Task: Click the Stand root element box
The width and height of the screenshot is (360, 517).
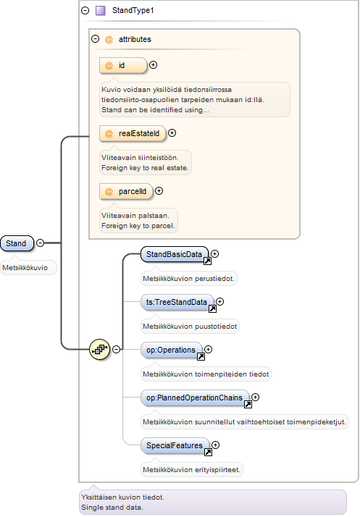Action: point(17,243)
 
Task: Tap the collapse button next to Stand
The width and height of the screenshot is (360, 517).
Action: point(40,243)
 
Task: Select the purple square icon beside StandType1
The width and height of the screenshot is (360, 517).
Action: point(100,11)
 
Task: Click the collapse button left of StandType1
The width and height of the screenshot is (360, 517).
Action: point(85,11)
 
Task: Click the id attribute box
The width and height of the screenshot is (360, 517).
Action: point(122,65)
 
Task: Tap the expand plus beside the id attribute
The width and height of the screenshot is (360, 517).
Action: point(153,65)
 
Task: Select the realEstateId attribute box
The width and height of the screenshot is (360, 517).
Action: point(133,133)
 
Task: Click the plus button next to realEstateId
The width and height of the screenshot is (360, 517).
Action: point(172,133)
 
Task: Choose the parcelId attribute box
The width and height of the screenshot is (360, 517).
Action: point(126,192)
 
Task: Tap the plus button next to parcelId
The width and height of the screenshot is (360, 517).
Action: point(159,191)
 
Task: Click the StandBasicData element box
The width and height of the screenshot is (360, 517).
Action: point(175,255)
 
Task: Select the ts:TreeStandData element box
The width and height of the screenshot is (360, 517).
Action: point(177,303)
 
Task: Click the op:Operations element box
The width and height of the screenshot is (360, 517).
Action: point(171,350)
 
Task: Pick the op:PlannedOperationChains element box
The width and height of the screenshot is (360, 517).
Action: point(195,398)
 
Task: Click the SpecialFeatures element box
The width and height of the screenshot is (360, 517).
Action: point(175,446)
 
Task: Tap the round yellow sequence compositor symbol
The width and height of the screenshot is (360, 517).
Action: point(99,349)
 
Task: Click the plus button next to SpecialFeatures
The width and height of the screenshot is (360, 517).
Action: point(215,445)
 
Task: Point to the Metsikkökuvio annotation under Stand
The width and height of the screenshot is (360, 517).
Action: point(25,268)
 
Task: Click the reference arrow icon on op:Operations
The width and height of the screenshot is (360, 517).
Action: point(201,356)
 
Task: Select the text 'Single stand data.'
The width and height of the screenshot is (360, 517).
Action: point(112,508)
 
